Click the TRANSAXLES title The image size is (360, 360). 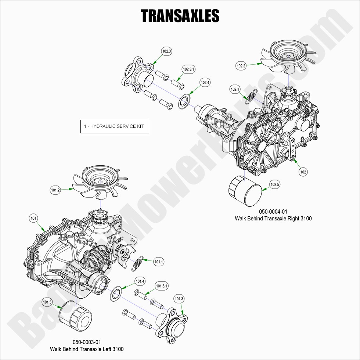(x=180, y=16)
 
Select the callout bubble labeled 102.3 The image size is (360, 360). (x=167, y=51)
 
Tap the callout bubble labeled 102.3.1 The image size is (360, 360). (x=189, y=69)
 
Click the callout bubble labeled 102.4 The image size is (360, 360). (x=205, y=83)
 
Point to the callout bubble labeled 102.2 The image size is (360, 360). (x=241, y=66)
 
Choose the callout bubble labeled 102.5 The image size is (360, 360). (x=275, y=184)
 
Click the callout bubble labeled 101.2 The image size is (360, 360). (x=55, y=190)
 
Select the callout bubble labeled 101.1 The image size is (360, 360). (x=159, y=262)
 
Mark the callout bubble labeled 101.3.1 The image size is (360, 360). (x=162, y=286)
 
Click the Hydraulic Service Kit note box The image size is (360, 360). (x=115, y=126)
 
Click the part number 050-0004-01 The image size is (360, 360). (x=273, y=212)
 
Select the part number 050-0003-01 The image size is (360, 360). (x=87, y=342)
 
